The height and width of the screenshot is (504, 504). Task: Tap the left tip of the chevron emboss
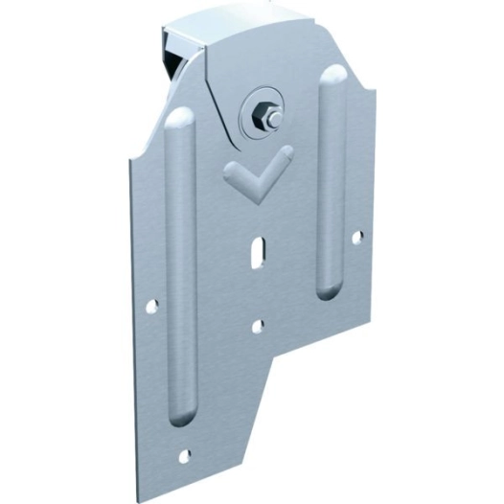229,171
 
